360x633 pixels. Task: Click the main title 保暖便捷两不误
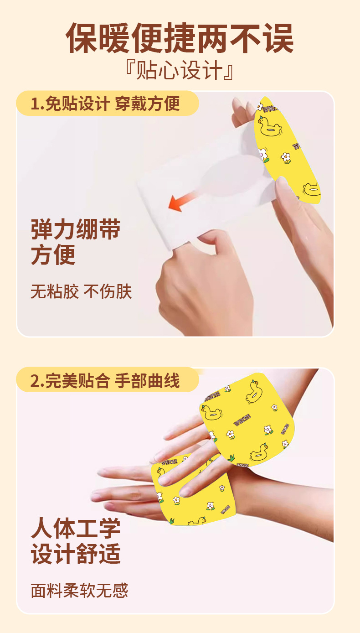tap(180, 38)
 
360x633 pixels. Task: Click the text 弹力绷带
tap(76, 229)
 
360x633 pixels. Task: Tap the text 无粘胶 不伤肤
tap(81, 291)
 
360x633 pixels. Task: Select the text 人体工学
tap(76, 529)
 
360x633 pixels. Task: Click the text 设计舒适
tap(76, 555)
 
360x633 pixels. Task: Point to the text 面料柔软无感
tap(79, 591)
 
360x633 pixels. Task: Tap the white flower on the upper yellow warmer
tap(286, 157)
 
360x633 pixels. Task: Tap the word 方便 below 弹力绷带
tap(53, 255)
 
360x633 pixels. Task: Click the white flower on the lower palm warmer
tap(210, 505)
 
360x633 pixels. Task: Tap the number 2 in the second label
tap(35, 381)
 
